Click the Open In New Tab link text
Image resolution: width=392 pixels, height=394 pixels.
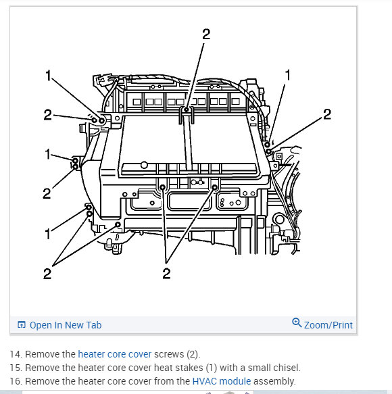point(66,325)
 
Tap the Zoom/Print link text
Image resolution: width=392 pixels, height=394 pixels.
point(328,325)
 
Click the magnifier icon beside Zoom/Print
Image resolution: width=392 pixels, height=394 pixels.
point(297,323)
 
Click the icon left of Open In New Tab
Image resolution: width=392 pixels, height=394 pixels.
point(22,325)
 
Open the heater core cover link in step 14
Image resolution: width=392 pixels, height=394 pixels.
point(114,354)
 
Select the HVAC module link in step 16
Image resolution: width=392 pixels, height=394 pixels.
point(221,381)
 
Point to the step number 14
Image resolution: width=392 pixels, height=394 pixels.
point(14,354)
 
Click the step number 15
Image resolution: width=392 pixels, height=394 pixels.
point(14,368)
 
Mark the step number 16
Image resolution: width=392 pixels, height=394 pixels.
point(14,381)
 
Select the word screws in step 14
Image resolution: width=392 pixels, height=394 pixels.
point(168,354)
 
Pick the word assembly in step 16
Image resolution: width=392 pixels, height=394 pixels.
point(274,381)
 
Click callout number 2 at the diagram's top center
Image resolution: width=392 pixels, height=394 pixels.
point(206,36)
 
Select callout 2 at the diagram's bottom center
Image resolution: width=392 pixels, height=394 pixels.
point(166,274)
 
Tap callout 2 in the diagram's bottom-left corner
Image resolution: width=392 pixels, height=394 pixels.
point(47,274)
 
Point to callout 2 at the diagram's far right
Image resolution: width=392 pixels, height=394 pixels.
point(327,114)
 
